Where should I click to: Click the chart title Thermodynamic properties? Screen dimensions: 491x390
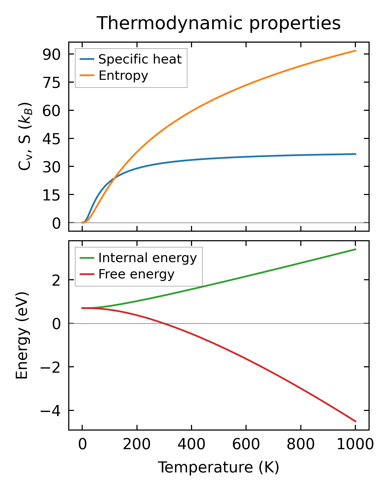tap(218, 23)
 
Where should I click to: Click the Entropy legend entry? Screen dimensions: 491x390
tap(123, 75)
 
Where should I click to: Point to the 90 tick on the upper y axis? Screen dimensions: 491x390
tap(51, 54)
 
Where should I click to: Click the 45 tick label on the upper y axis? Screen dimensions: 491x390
tap(51, 139)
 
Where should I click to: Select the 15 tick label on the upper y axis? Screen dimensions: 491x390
tap(51, 195)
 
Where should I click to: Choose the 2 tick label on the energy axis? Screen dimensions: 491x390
tap(56, 280)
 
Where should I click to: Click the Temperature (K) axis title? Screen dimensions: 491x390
tap(218, 467)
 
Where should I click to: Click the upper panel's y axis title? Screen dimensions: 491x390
tap(25, 136)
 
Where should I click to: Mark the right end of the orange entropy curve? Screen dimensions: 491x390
tap(356, 51)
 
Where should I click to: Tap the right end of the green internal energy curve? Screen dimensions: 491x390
tap(356, 249)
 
